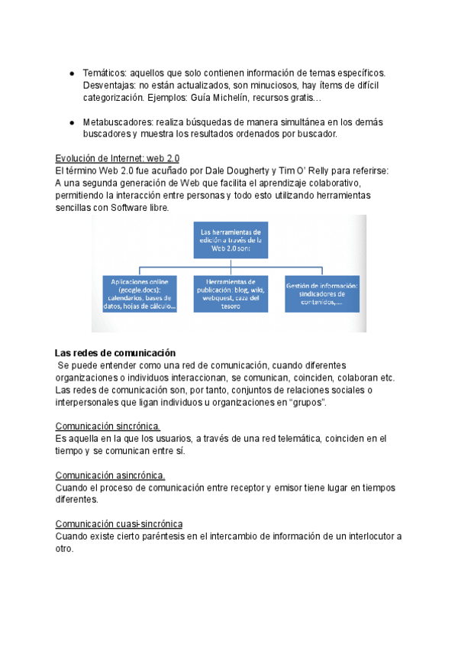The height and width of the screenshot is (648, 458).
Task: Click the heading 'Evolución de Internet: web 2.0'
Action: pos(118,158)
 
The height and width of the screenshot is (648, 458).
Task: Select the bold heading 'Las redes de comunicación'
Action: pos(115,353)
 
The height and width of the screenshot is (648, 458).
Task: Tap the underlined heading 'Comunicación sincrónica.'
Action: pos(108,426)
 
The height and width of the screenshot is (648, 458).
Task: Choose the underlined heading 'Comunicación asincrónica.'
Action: pos(111,475)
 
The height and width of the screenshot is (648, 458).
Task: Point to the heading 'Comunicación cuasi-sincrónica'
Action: pos(119,523)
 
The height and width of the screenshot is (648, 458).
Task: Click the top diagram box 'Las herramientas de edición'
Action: pos(230,240)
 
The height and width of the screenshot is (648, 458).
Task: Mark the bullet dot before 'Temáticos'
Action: pos(70,73)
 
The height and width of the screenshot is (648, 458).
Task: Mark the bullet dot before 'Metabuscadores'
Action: pos(70,123)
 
